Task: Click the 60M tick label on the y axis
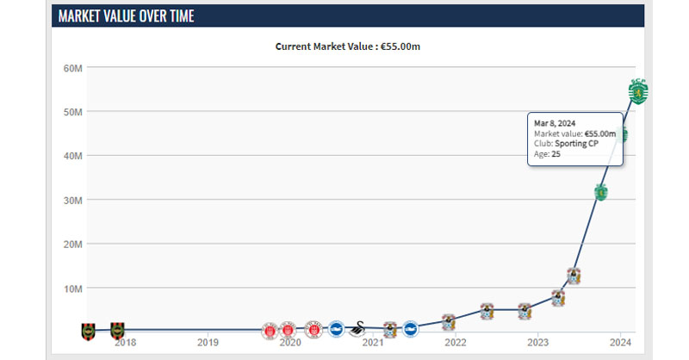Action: pyautogui.click(x=72, y=69)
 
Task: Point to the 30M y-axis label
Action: pyautogui.click(x=72, y=201)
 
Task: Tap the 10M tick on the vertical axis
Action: pyautogui.click(x=72, y=289)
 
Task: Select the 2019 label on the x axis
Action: pyautogui.click(x=208, y=343)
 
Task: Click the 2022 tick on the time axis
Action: pyautogui.click(x=456, y=343)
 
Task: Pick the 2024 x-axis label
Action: pyautogui.click(x=620, y=343)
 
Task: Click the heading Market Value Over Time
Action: pyautogui.click(x=126, y=16)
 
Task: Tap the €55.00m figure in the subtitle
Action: pyautogui.click(x=400, y=47)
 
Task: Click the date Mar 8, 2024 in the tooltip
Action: pyautogui.click(x=555, y=123)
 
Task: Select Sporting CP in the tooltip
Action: pyautogui.click(x=576, y=144)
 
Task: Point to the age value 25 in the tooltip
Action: pyautogui.click(x=556, y=154)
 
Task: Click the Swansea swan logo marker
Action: pyautogui.click(x=358, y=329)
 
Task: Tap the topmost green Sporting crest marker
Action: pyautogui.click(x=638, y=92)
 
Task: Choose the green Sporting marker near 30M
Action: pyautogui.click(x=600, y=192)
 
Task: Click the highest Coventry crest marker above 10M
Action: pyautogui.click(x=574, y=276)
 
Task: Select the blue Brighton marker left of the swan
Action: pyautogui.click(x=337, y=329)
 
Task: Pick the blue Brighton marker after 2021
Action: pyautogui.click(x=411, y=329)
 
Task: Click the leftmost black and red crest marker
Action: pyautogui.click(x=89, y=332)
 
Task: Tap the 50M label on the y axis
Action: pyautogui.click(x=72, y=113)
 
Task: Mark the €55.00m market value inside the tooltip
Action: pyautogui.click(x=600, y=133)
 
